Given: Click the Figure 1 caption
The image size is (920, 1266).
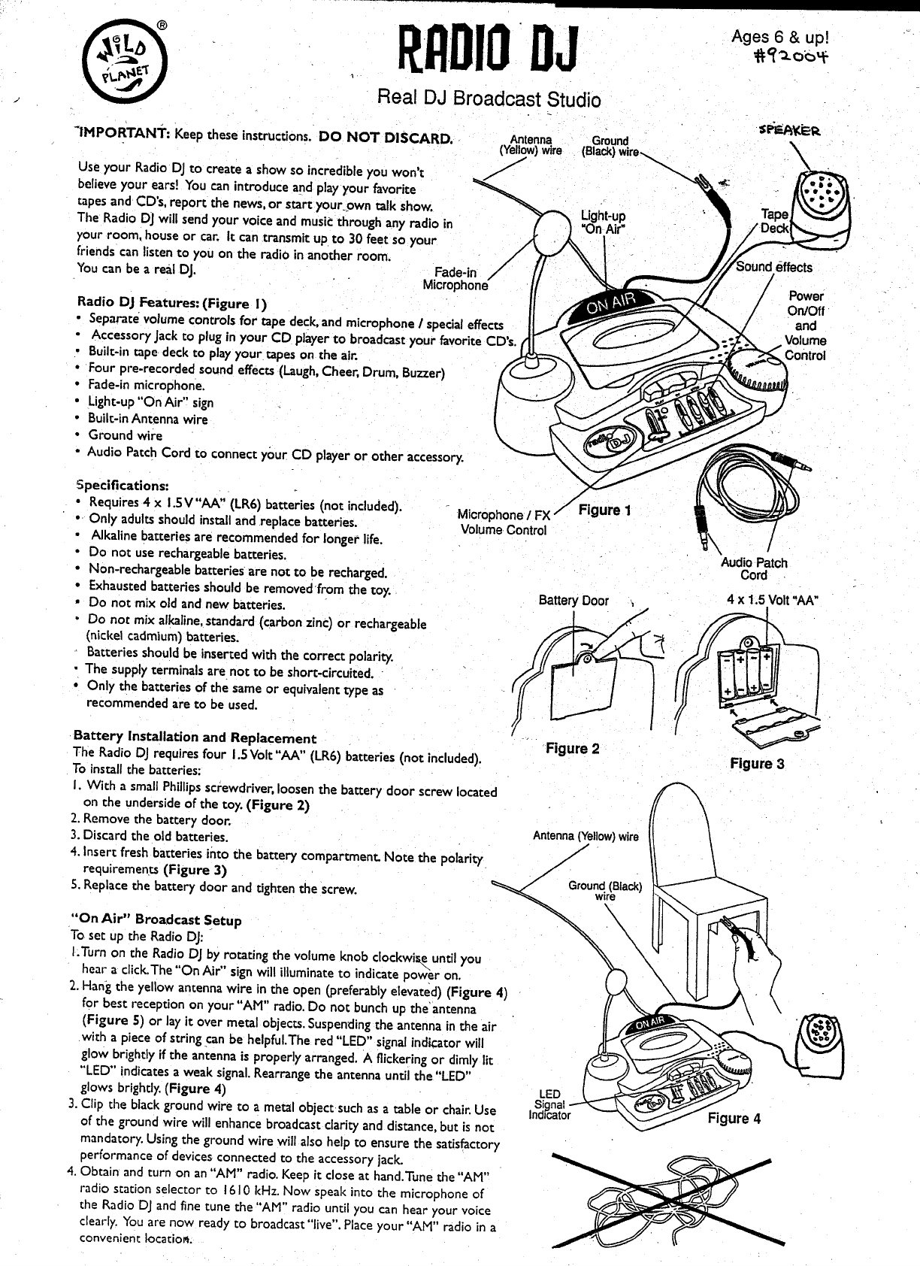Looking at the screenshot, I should pyautogui.click(x=605, y=510).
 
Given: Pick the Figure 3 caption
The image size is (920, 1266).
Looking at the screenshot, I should pyautogui.click(x=757, y=764).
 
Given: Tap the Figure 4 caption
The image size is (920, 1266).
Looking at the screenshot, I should pyautogui.click(x=734, y=1118).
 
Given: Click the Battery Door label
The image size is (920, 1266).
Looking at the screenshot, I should pyautogui.click(x=573, y=601).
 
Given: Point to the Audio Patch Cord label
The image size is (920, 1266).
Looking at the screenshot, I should pyautogui.click(x=754, y=568).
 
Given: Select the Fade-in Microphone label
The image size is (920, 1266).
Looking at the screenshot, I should pyautogui.click(x=455, y=279).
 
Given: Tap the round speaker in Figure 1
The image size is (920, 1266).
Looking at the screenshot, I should pyautogui.click(x=824, y=197).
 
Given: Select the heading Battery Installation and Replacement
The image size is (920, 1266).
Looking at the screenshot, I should pyautogui.click(x=195, y=737).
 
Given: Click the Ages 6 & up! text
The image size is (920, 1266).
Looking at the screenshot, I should pyautogui.click(x=785, y=37).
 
